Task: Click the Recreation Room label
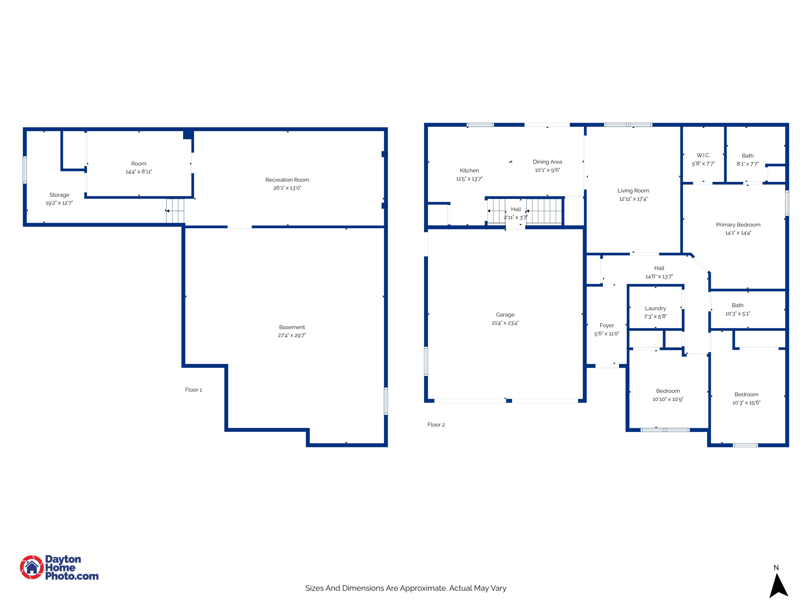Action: (287, 180)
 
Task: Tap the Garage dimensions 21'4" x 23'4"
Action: (505, 323)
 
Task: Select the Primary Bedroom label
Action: (738, 225)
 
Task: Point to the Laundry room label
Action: (655, 308)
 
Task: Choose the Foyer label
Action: (607, 325)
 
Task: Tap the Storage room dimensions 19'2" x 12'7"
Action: (59, 203)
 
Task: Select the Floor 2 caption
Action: (436, 425)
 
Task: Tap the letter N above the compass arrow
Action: (776, 568)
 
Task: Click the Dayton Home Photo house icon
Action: (32, 567)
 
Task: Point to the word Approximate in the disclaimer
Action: (423, 588)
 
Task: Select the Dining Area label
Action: (547, 162)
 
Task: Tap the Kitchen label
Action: (469, 171)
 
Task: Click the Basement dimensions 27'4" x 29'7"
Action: (292, 335)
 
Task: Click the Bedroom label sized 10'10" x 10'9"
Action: (668, 391)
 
